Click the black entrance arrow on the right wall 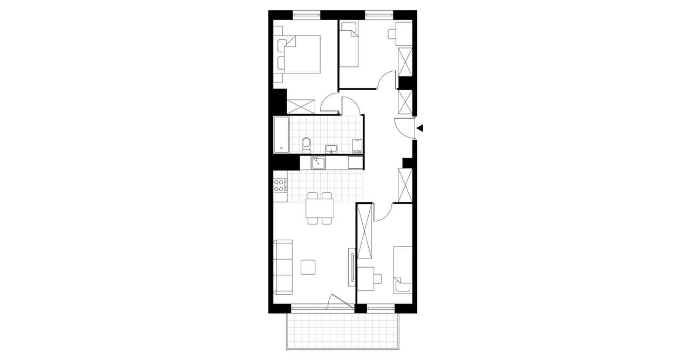point(420,128)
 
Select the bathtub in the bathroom point(281,134)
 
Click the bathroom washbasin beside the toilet point(331,148)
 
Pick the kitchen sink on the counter point(318,162)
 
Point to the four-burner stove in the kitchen point(280,186)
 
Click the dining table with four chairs point(320,208)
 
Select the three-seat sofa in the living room point(283,267)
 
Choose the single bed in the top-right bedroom point(350,44)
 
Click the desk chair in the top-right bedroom point(392,34)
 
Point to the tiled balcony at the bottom point(343,330)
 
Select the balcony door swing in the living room point(340,302)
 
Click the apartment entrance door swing point(404,127)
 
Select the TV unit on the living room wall point(352,267)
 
